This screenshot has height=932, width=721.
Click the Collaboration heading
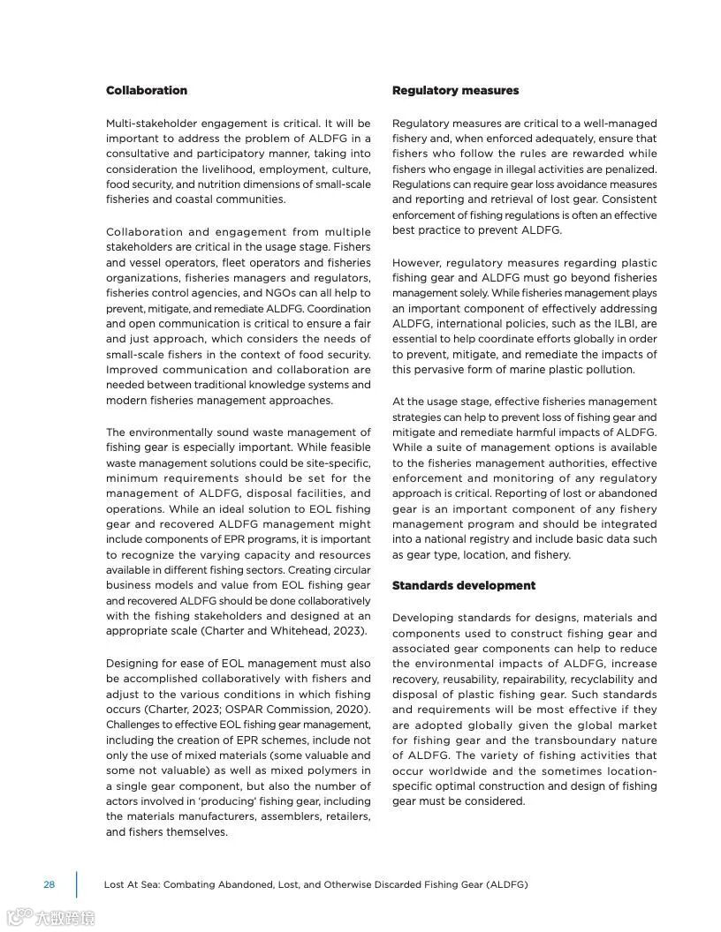147,91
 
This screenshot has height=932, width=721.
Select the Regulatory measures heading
455,91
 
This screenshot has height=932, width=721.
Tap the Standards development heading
464,586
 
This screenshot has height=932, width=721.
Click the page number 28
49,884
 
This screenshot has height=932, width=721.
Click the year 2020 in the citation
353,710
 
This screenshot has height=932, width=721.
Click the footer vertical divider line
76,884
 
